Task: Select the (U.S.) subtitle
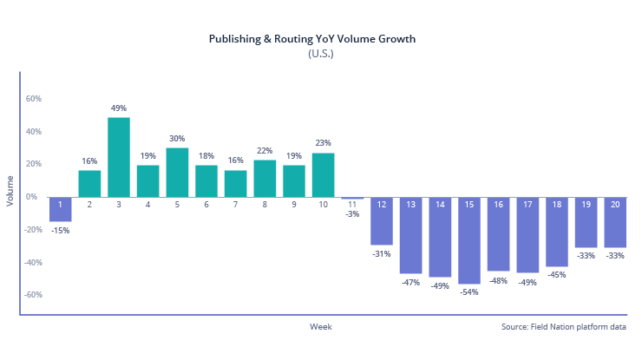[320, 54]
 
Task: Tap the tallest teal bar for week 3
[119, 157]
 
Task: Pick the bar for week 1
[60, 209]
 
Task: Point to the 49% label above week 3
[119, 108]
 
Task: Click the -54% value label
[470, 292]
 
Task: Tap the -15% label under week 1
[60, 230]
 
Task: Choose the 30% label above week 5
[177, 139]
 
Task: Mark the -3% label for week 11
[352, 213]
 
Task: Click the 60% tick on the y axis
[34, 99]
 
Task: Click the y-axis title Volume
[10, 190]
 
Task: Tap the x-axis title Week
[320, 327]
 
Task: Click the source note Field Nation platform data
[564, 327]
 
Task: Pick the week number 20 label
[616, 205]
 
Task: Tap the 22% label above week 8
[265, 151]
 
